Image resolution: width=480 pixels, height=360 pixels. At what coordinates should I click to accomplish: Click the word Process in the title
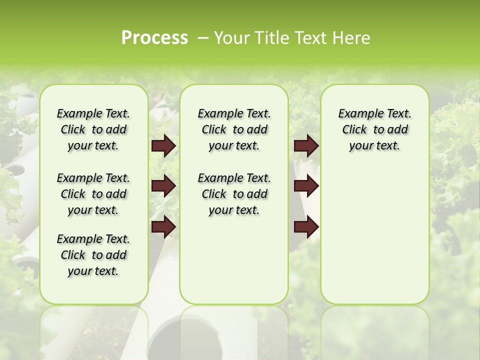154,38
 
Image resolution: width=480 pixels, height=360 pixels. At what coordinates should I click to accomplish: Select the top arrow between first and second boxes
163,146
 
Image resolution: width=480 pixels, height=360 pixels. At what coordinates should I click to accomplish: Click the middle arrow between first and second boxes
163,186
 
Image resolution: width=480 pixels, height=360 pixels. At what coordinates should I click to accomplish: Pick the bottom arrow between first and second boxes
163,226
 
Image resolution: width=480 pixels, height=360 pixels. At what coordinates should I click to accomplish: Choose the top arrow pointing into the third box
306,146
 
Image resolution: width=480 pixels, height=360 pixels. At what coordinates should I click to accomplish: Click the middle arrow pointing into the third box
306,186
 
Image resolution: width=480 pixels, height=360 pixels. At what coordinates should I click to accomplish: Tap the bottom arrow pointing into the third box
306,226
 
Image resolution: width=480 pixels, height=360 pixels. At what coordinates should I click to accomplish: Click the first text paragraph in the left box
93,129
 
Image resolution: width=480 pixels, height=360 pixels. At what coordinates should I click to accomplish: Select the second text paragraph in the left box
93,194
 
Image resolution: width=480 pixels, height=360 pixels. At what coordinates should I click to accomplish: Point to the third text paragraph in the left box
93,255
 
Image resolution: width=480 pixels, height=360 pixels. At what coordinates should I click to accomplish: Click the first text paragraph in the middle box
234,129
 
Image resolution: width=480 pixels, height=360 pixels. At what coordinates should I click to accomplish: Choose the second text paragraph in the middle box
234,194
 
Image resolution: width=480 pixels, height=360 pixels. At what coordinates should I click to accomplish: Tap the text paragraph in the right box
374,129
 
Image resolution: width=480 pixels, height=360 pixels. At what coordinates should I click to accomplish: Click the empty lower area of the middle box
234,260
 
